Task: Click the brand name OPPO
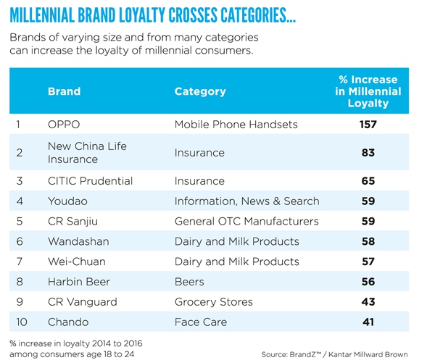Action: [x=64, y=125]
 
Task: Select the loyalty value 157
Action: [x=368, y=125]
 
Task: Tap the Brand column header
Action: [x=64, y=92]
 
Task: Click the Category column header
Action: [x=200, y=92]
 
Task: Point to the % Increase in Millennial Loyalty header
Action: [x=368, y=91]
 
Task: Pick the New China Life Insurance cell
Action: [x=87, y=152]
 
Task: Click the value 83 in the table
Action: [x=368, y=153]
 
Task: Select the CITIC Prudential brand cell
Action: [x=90, y=181]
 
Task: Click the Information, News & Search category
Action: [x=246, y=201]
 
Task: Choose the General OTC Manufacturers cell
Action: [x=246, y=222]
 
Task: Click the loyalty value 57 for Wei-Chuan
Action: [x=368, y=261]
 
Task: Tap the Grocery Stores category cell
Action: [x=213, y=302]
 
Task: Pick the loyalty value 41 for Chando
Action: [x=368, y=322]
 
